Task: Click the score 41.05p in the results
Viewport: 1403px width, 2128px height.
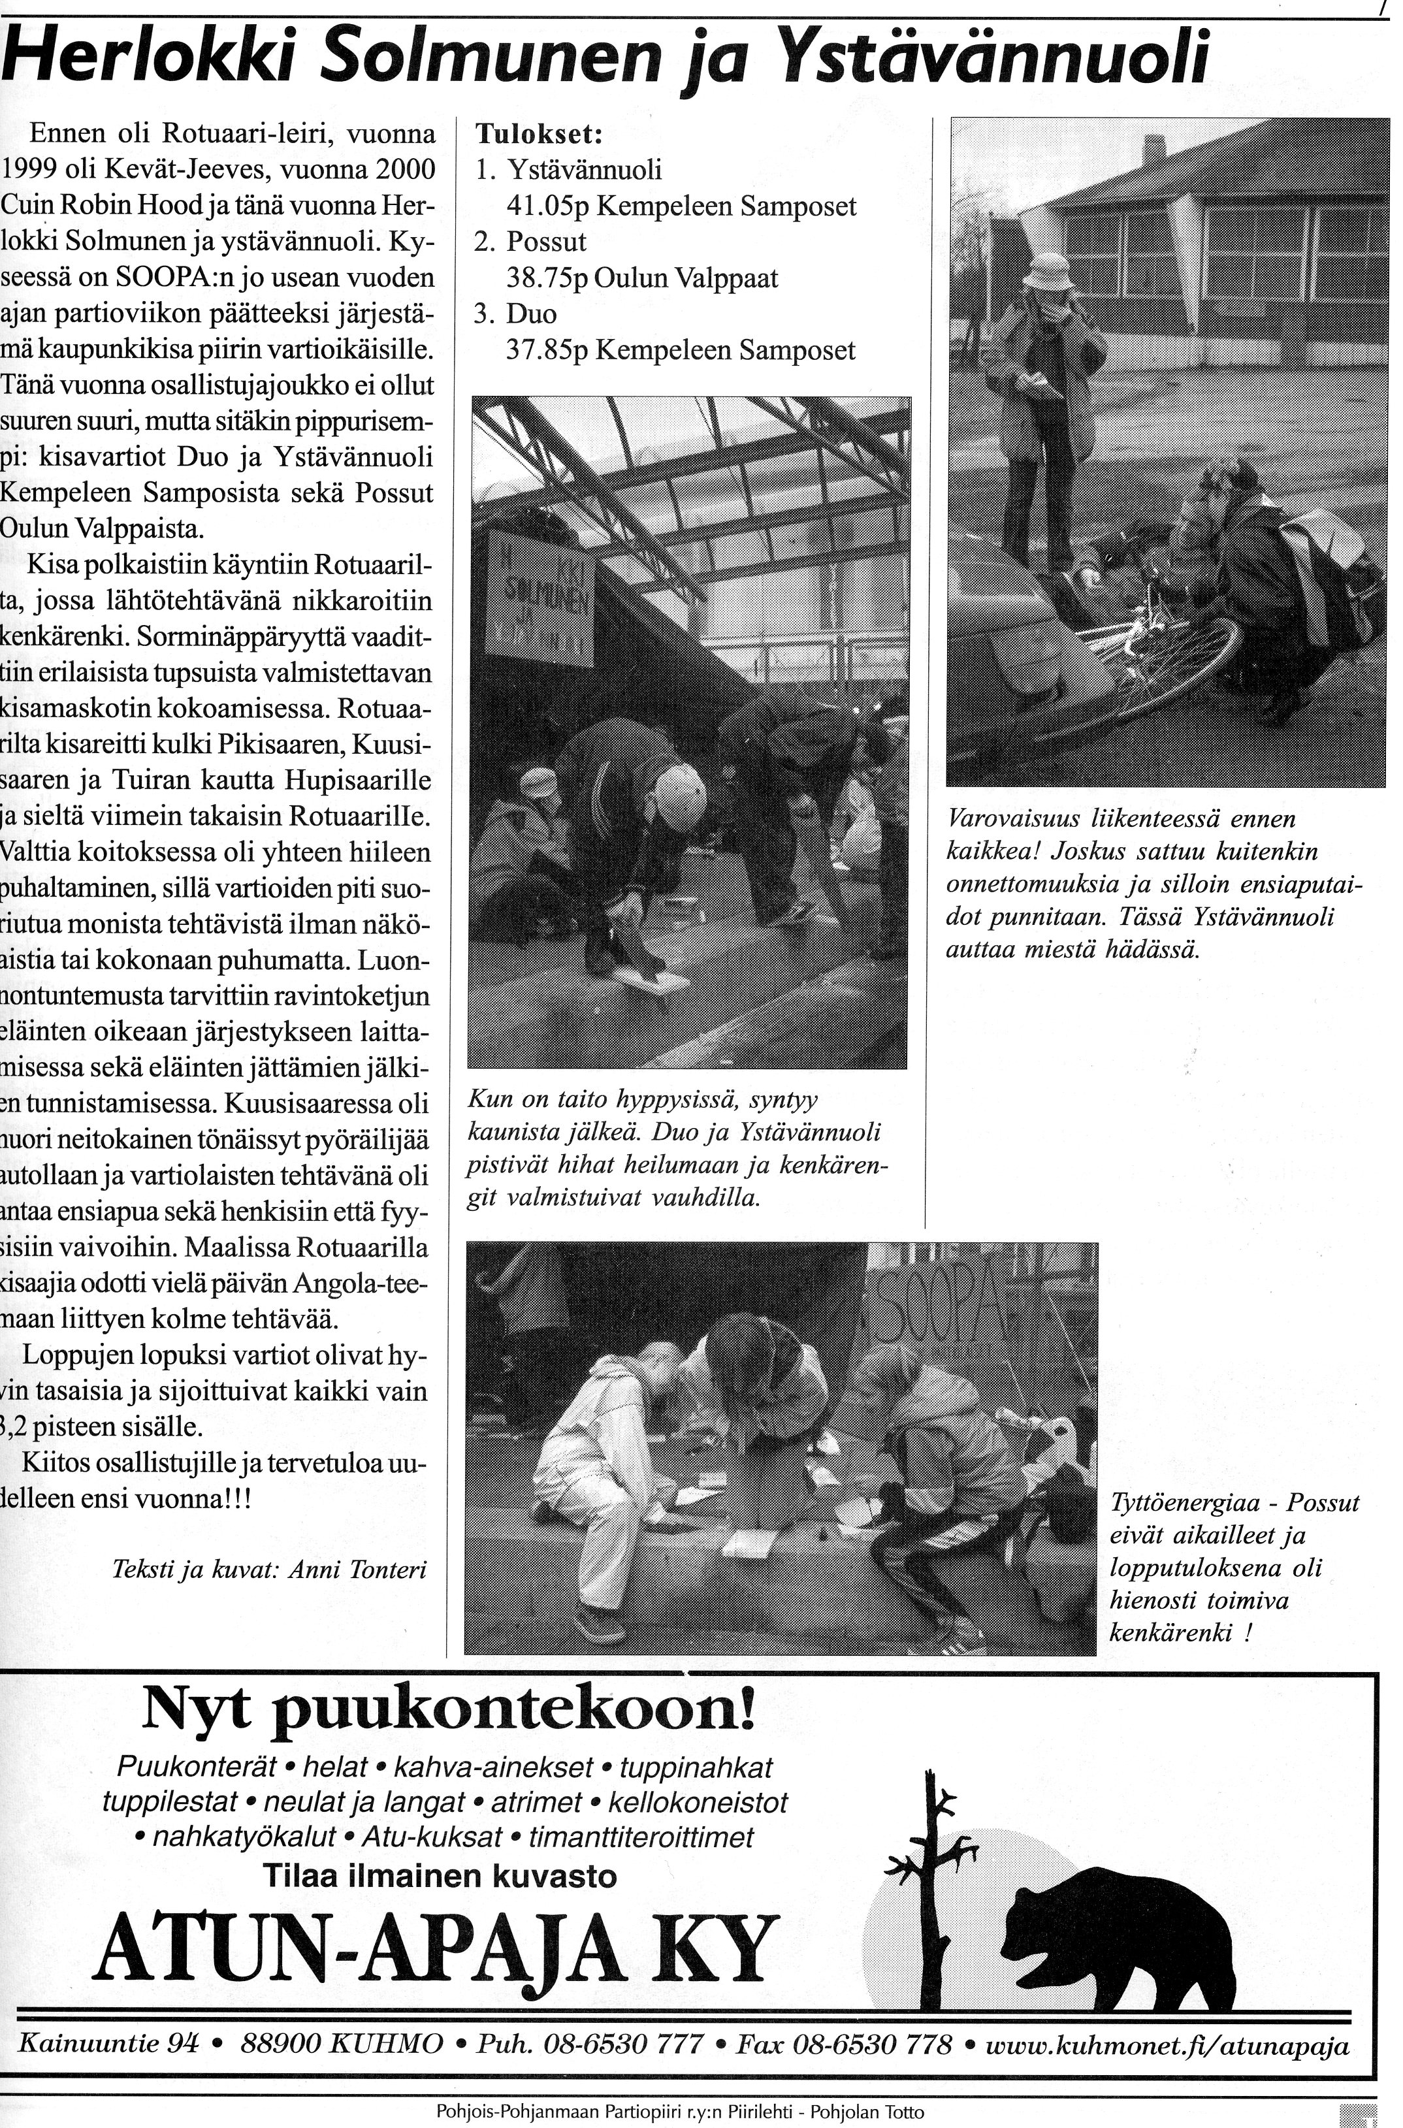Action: [546, 206]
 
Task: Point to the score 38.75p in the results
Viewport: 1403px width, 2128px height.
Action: [546, 278]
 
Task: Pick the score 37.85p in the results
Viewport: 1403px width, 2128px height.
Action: [546, 349]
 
